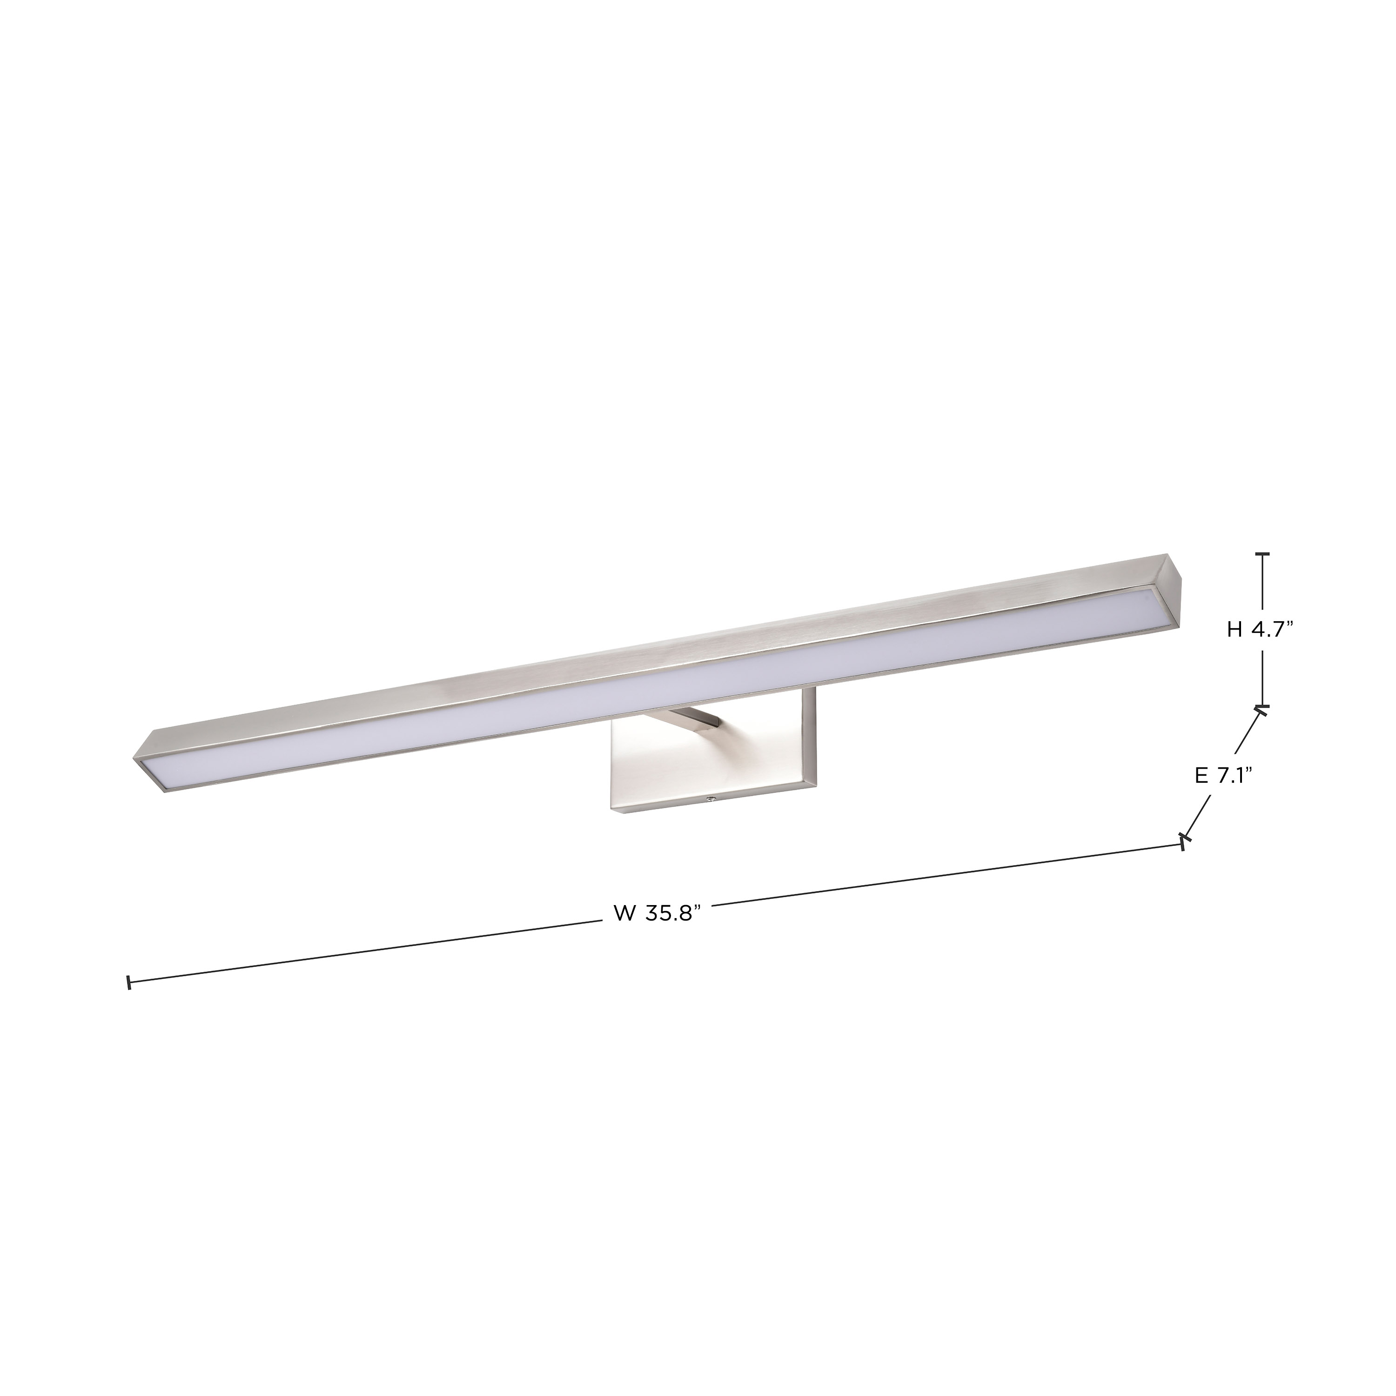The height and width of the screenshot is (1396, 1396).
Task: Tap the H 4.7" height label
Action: tap(1260, 630)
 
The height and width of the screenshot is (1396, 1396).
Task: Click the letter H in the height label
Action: tap(1234, 630)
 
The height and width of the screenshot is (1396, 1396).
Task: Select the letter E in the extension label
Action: tap(1201, 775)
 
